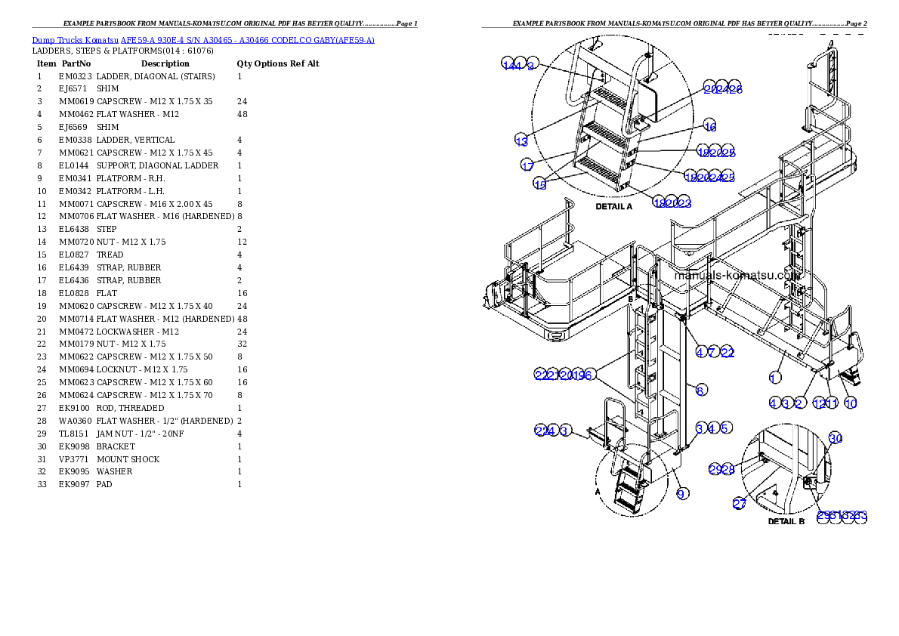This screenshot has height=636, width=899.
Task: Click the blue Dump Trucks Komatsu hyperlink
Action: (202, 40)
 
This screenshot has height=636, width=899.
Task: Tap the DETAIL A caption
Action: (613, 206)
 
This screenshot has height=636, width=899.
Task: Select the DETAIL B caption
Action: (786, 521)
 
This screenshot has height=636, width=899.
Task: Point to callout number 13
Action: (521, 140)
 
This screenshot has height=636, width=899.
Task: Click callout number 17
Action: (527, 165)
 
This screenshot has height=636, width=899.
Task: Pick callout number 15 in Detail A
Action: (540, 185)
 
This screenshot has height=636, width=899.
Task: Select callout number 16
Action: (709, 126)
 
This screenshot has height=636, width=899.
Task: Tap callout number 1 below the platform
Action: (774, 377)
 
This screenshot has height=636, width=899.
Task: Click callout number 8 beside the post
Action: (701, 391)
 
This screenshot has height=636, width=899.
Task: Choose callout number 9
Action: (682, 494)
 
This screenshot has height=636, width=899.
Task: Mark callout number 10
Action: (851, 403)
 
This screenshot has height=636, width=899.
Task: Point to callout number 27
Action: (739, 504)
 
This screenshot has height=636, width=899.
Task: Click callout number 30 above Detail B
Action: (835, 438)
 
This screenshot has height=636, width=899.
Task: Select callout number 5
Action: (725, 428)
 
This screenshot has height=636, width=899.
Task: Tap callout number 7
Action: (713, 352)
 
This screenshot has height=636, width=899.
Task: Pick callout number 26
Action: (735, 89)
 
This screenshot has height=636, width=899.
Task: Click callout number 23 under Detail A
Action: (684, 203)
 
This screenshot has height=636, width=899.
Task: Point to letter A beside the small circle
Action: (598, 489)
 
